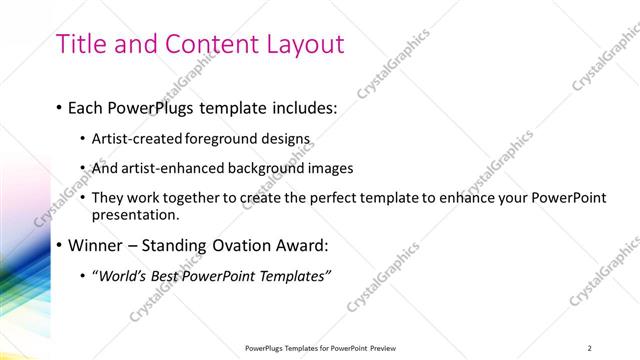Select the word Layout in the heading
pyautogui.click(x=303, y=45)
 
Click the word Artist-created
pyautogui.click(x=138, y=138)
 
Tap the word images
pyautogui.click(x=330, y=168)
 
